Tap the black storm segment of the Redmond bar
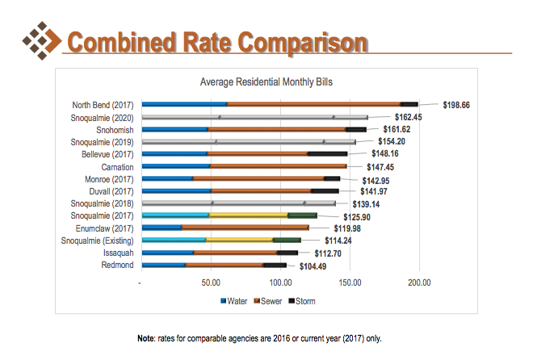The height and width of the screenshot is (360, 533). (x=275, y=265)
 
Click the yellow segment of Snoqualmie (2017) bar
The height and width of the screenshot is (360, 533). (x=248, y=216)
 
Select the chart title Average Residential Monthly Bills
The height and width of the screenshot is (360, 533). (x=266, y=82)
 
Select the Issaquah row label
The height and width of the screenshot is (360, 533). (x=119, y=253)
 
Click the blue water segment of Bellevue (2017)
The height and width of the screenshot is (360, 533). (x=174, y=153)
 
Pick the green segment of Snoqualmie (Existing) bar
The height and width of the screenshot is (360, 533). (x=287, y=240)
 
